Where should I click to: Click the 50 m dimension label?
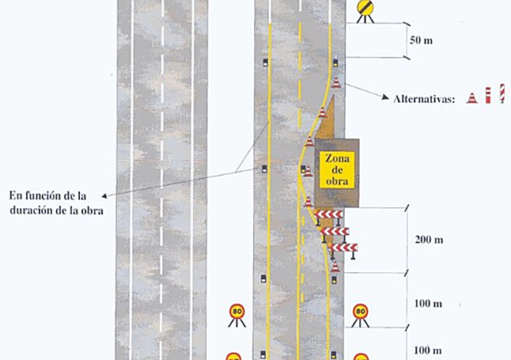pos(421,40)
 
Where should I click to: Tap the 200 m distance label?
pos(429,240)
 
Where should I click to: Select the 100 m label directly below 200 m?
pos(428,304)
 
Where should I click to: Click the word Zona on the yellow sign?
pos(337,159)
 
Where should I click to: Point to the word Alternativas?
pos(424,99)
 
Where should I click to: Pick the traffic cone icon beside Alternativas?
pos(472,98)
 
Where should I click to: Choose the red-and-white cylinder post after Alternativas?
pos(488,96)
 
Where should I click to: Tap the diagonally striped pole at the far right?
pos(502,93)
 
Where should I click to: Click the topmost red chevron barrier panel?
pos(328,214)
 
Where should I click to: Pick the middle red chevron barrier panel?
pos(335,231)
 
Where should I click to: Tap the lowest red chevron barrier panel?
pos(343,248)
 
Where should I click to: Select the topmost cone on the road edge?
pos(336,83)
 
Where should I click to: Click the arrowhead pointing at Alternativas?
pos(385,97)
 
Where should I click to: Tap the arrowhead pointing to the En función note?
pos(104,195)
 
